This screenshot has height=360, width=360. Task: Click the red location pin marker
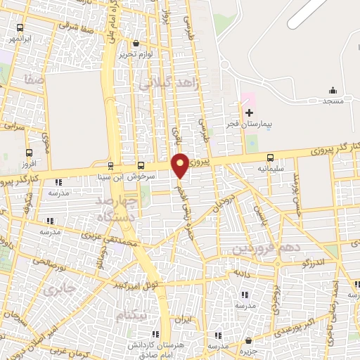(x=181, y=165)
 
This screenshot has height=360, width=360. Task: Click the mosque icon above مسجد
(x=333, y=91)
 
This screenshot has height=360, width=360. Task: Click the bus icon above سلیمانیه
(x=271, y=158)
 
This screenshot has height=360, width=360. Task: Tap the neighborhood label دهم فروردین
(x=257, y=249)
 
